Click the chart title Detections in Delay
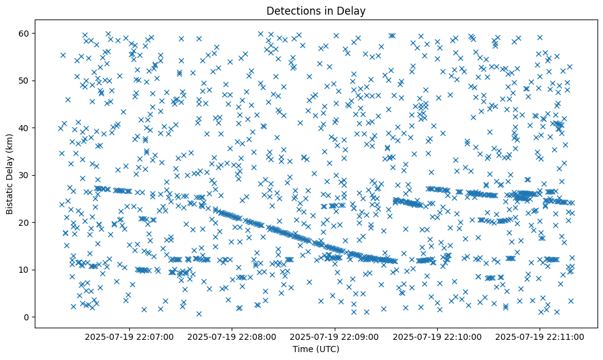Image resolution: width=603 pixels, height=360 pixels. coord(316,11)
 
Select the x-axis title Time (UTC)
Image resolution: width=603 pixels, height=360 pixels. coord(316,349)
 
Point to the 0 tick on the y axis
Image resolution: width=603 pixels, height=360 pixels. coord(28,317)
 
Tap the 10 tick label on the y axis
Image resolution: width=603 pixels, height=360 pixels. coord(26,270)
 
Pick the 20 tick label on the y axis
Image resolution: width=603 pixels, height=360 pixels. coord(26,222)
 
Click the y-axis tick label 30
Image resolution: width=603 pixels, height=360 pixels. coord(26,175)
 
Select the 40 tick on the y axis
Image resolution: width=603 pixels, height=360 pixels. coord(26,128)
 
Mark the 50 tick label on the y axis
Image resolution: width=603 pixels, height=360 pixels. coord(26,81)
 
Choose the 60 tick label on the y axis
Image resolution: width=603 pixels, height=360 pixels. coord(26,33)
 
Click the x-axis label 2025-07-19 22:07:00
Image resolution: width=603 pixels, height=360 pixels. coord(129,336)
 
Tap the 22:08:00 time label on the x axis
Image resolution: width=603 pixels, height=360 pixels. coord(232,336)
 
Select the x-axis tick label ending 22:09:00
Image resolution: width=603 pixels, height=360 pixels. coord(335,336)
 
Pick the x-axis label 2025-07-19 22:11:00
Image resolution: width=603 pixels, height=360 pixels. coord(540,336)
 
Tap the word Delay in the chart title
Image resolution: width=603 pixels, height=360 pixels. coord(353,11)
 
